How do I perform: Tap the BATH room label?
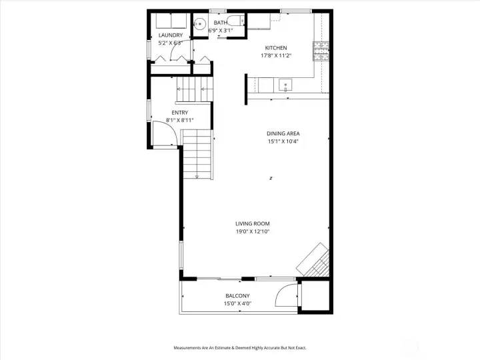point(220,23)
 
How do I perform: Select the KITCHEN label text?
point(275,48)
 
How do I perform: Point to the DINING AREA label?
point(283,133)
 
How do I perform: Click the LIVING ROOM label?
point(252,224)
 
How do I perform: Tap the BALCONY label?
point(237,296)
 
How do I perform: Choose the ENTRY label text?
point(179,113)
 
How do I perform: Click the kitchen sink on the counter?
point(285,85)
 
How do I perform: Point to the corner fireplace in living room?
point(314,260)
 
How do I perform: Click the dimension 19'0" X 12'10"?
point(252,232)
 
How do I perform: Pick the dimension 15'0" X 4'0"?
point(237,304)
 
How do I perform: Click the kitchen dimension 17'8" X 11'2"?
point(275,56)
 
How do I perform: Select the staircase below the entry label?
point(198,153)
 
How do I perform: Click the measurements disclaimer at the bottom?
point(239,348)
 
